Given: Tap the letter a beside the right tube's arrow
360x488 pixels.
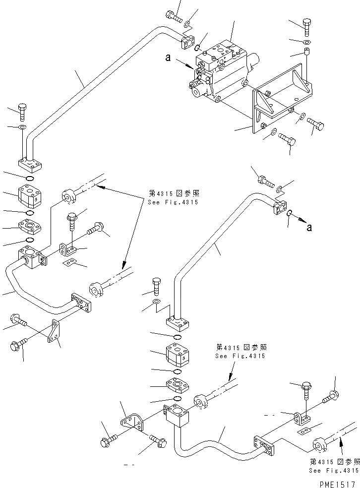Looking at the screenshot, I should pyautogui.click(x=310, y=228).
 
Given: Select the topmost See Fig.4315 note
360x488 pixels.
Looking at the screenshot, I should pyautogui.click(x=169, y=202).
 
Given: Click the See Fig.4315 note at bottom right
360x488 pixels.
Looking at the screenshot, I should pyautogui.click(x=333, y=471).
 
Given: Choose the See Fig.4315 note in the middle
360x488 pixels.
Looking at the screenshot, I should pyautogui.click(x=240, y=356).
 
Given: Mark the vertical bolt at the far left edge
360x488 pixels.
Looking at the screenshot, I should pyautogui.click(x=22, y=112).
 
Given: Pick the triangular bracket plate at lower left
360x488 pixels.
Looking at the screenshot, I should pyautogui.click(x=54, y=331).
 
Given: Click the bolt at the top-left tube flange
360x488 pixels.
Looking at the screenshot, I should pyautogui.click(x=173, y=15).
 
